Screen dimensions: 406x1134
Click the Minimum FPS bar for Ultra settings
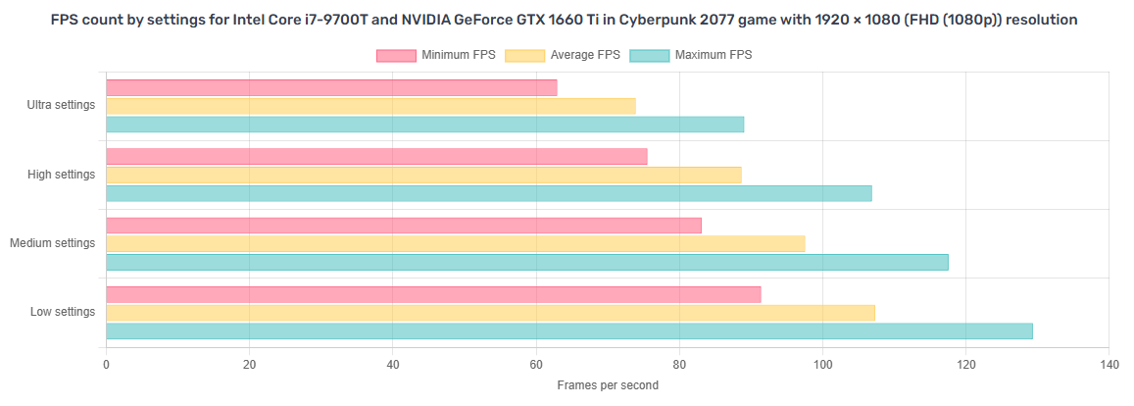(331, 88)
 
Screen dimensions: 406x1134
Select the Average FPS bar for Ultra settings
(370, 106)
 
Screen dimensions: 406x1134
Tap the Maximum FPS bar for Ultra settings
(424, 125)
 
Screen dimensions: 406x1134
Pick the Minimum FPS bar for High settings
(376, 157)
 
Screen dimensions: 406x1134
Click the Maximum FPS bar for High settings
(488, 193)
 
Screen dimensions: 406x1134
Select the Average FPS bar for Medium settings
(455, 243)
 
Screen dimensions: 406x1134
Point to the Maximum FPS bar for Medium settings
(526, 262)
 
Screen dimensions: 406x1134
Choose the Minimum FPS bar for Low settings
(433, 294)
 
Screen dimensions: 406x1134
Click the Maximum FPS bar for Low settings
(568, 331)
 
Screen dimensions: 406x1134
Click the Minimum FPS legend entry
(436, 55)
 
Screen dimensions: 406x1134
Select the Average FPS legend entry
(563, 55)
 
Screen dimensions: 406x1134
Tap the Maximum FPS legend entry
(690, 55)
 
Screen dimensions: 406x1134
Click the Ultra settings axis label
(62, 105)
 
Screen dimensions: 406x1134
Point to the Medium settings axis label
(53, 242)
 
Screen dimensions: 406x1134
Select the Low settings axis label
(63, 312)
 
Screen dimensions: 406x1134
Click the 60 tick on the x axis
(536, 364)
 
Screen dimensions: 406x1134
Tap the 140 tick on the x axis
(1109, 364)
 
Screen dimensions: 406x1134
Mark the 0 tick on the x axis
(106, 364)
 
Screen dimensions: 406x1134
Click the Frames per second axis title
(608, 385)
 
